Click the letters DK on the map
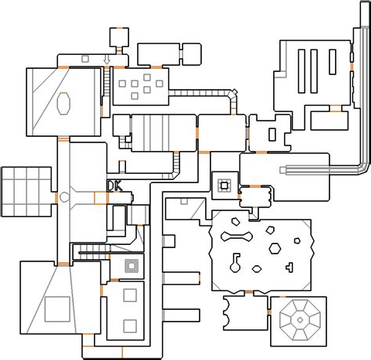tap(114, 185)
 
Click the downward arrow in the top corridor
tap(106, 59)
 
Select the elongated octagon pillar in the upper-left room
tap(63, 103)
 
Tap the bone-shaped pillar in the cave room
tap(236, 236)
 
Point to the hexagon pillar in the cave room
tap(275, 249)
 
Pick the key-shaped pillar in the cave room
tap(236, 263)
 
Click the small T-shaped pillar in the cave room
tap(290, 267)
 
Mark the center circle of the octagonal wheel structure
tap(300, 320)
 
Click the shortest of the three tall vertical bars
tap(333, 62)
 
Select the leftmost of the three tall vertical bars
tap(301, 71)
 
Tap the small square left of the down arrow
tap(85, 59)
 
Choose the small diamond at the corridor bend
tap(235, 92)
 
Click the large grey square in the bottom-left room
tap(57, 309)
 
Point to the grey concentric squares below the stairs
tap(131, 266)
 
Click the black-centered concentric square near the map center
tap(224, 185)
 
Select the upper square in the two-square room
tap(130, 295)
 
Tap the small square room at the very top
tap(119, 37)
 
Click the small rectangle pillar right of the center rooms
tap(272, 135)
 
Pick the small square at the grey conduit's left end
tap(283, 171)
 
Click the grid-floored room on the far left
tap(27, 192)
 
